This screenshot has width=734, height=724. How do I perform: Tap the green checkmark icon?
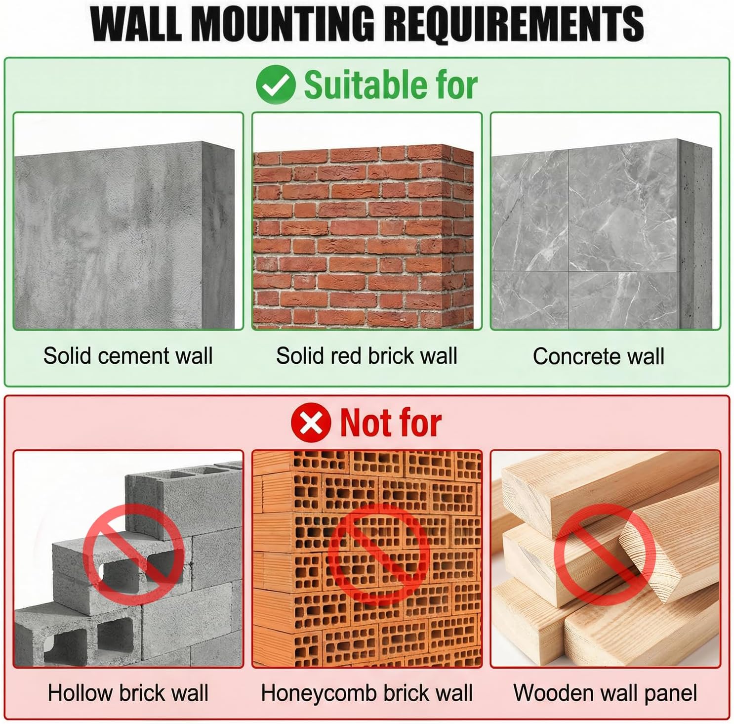point(276,85)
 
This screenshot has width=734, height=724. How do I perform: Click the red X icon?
point(311,423)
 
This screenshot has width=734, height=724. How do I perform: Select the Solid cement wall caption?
point(128,356)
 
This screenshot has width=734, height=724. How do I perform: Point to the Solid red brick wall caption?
point(367,356)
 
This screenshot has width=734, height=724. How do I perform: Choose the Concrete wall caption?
point(598,356)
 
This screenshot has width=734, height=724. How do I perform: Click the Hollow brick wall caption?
point(128,693)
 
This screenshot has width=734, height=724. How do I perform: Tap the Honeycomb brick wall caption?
point(367,693)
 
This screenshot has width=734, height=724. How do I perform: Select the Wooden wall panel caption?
point(605,693)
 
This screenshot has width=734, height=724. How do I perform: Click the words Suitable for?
point(390,85)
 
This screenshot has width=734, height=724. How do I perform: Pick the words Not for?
point(391,423)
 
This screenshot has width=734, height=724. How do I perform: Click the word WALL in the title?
point(136,23)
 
